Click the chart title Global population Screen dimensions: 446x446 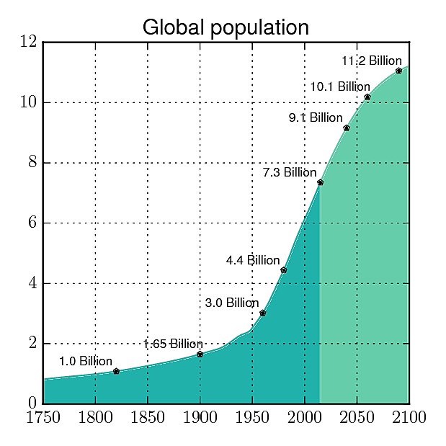(x=226, y=27)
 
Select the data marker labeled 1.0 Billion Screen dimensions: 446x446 (x=116, y=371)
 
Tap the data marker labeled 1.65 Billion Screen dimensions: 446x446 (x=200, y=354)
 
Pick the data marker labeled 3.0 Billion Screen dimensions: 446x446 (x=262, y=313)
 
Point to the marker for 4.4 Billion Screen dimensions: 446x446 (x=284, y=270)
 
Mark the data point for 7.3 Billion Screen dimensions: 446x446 (x=320, y=182)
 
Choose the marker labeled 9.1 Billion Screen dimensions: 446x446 (x=347, y=128)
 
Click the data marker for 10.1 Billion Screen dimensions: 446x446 (x=367, y=97)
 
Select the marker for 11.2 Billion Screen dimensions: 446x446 (x=398, y=71)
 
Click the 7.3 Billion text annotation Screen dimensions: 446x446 (x=289, y=173)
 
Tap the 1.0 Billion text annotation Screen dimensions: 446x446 (x=86, y=361)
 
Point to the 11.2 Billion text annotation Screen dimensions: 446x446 (x=370, y=61)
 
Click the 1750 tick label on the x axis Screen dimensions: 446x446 (x=43, y=417)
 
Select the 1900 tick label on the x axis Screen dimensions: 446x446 (x=200, y=417)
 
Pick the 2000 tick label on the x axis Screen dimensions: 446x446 (x=305, y=417)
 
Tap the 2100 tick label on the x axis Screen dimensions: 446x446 (x=409, y=417)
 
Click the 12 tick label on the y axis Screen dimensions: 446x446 (x=29, y=42)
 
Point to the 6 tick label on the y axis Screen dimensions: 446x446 (x=32, y=223)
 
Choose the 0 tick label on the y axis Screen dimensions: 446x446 (x=32, y=403)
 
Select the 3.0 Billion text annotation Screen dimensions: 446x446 (x=231, y=303)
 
